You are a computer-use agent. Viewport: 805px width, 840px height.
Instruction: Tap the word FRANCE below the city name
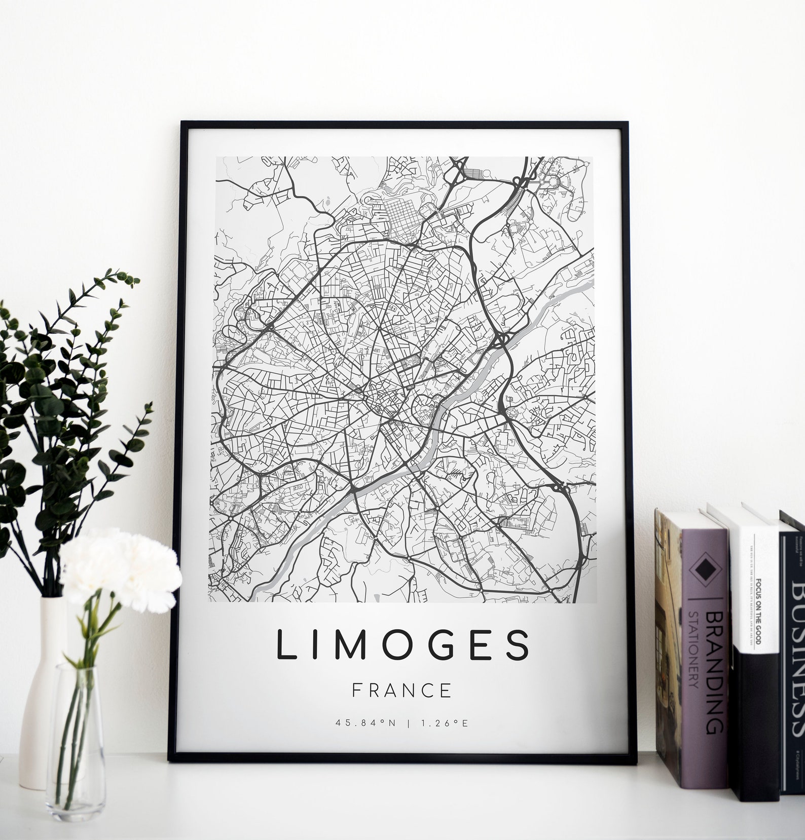401,691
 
